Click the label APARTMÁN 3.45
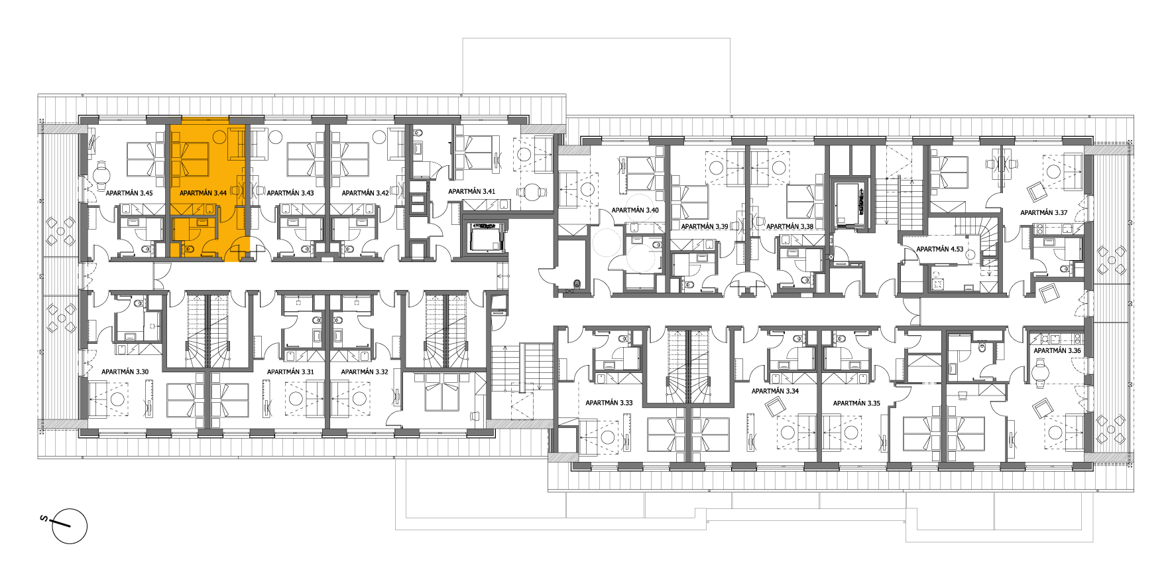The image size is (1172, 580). (129, 193)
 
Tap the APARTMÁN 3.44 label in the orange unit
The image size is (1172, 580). (203, 193)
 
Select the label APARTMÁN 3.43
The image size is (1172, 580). (290, 193)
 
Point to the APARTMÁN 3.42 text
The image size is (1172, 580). (365, 193)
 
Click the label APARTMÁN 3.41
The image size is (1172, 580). (472, 192)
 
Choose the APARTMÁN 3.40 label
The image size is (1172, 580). (635, 210)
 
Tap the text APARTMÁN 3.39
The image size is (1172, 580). (705, 227)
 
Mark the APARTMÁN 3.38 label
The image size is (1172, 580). (790, 227)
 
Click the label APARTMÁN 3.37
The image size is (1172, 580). (1044, 213)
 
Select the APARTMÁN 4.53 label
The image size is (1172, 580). (940, 250)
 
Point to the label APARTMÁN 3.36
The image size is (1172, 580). (1057, 351)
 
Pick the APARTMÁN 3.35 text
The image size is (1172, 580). (856, 403)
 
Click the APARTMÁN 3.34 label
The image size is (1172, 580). (775, 392)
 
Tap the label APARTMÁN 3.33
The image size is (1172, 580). (609, 403)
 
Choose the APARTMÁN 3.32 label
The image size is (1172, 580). (365, 372)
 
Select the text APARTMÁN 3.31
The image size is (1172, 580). (290, 372)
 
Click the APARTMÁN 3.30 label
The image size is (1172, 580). (125, 372)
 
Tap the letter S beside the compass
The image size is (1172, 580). (44, 518)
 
